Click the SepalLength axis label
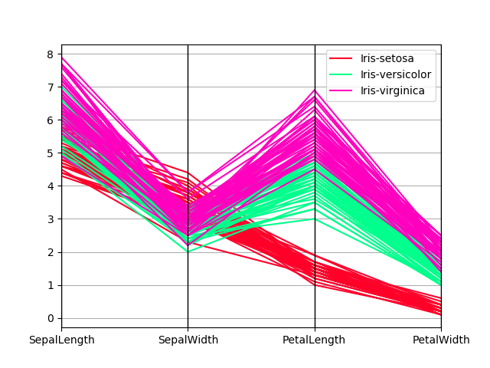coord(62,340)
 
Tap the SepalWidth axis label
coord(188,340)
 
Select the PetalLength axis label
coord(315,340)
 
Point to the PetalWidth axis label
coord(441,340)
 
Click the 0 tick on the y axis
coord(50,318)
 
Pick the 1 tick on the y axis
coord(50,285)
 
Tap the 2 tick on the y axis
coord(50,252)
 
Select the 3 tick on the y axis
coord(50,219)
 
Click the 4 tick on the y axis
coord(50,186)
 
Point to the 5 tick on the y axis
coord(50,153)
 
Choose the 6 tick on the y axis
coord(50,120)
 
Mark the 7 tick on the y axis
coord(50,87)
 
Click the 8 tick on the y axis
coord(50,54)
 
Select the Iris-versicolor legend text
coord(396,75)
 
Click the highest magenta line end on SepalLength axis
coord(62,58)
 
